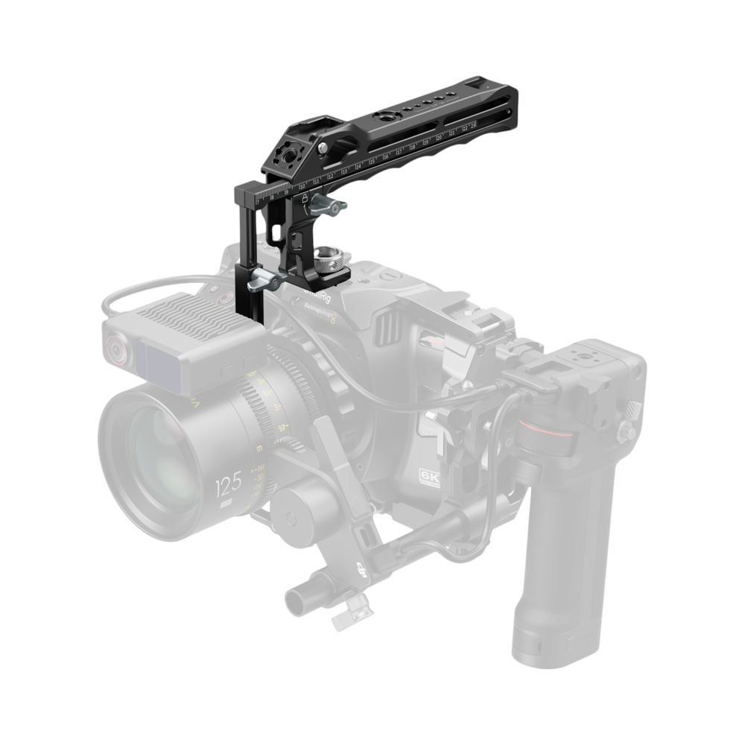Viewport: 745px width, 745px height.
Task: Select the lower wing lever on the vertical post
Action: pos(264,281)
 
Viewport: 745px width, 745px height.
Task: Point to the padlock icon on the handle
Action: pos(304,197)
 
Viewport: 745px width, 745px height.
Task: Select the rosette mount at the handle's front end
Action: pos(283,153)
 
